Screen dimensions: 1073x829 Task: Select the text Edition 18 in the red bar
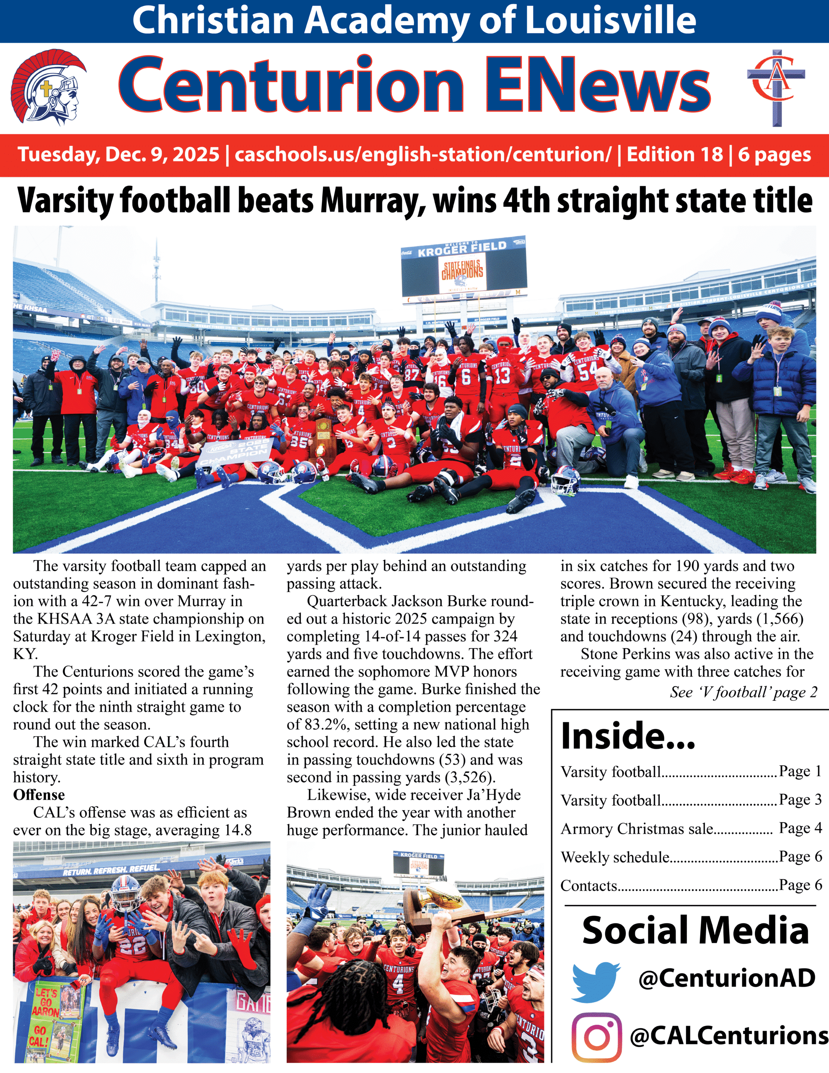(x=674, y=155)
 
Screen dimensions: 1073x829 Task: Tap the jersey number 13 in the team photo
(x=502, y=376)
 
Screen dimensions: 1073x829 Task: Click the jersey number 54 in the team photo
(x=588, y=372)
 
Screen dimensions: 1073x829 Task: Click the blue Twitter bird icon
(x=596, y=982)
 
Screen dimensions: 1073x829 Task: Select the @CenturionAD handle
(x=726, y=978)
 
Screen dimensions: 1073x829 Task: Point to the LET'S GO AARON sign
(x=47, y=1002)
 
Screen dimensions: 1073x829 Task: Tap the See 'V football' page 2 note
(x=743, y=692)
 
